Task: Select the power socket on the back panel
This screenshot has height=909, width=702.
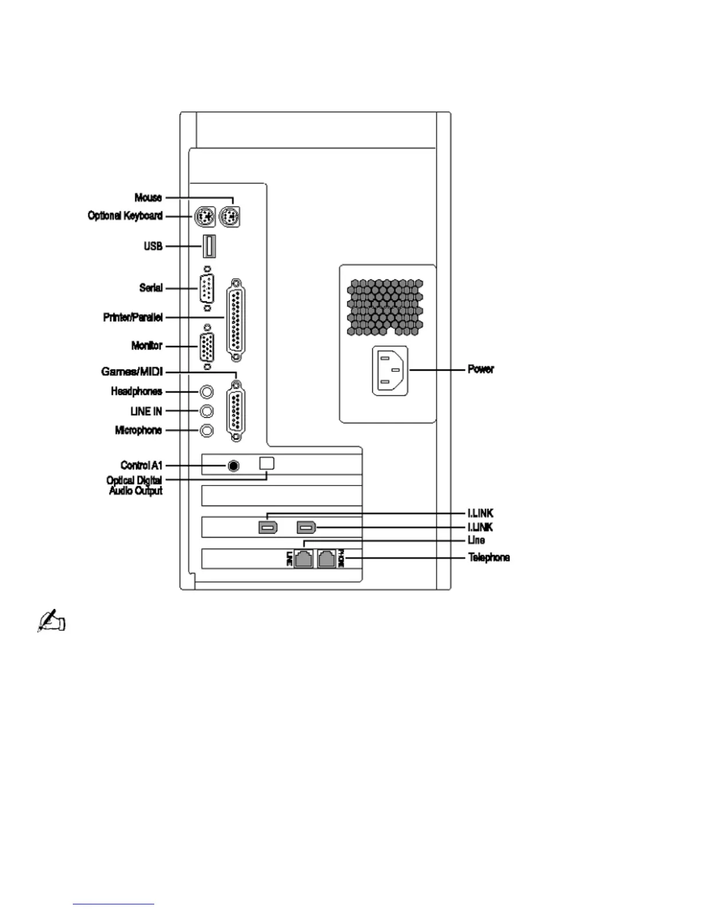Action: coord(391,370)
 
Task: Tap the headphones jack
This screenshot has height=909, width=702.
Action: coord(207,391)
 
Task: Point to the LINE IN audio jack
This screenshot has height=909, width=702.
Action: coord(207,411)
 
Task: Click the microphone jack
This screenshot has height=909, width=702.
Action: coord(207,430)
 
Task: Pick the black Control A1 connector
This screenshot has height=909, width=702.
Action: coord(233,465)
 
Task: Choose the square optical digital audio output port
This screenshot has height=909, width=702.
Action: coord(267,463)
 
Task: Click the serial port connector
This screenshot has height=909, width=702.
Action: coord(207,288)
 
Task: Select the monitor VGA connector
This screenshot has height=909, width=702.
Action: coord(207,347)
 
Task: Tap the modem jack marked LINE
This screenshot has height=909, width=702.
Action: coord(303,558)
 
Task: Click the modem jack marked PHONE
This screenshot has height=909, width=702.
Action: coord(326,558)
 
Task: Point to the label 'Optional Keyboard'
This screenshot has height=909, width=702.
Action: coord(125,216)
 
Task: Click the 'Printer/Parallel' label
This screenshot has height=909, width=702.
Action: coord(133,317)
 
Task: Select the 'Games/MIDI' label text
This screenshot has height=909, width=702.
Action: coord(132,372)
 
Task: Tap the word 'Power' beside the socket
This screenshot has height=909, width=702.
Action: coord(481,369)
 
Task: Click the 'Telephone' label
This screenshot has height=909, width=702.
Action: coord(489,557)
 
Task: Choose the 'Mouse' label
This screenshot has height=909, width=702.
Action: coord(148,197)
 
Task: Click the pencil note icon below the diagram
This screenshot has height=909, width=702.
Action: coord(52,621)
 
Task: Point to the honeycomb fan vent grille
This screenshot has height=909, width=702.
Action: coord(385,307)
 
